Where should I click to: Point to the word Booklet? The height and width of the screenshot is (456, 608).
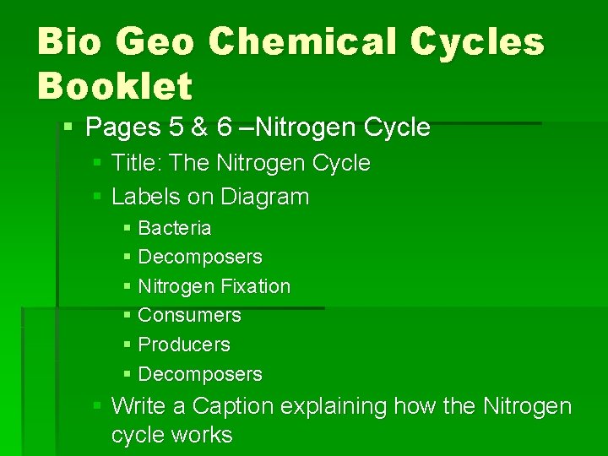pos(115,85)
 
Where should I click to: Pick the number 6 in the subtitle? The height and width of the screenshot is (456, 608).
pos(224,128)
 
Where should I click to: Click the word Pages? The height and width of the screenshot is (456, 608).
pos(124,128)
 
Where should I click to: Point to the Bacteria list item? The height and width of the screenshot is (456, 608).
pos(174,228)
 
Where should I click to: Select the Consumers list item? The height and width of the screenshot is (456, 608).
pos(189,315)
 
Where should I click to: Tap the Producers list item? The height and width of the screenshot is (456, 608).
pos(183,345)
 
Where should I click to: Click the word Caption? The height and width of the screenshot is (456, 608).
pos(233,406)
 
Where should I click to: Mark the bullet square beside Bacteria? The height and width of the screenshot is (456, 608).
pos(127,228)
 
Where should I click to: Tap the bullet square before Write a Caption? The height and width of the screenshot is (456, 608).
pos(99,406)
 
